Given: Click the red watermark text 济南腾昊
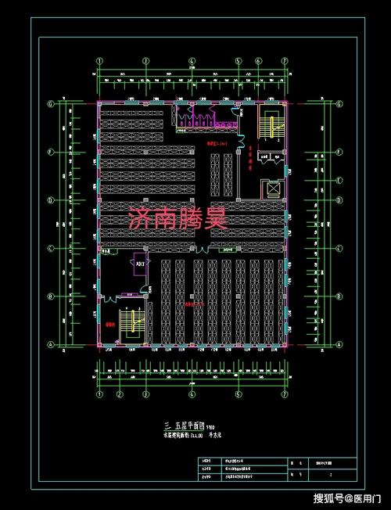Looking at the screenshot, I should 178,218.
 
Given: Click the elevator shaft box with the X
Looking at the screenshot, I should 273,189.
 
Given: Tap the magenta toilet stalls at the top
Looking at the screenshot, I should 195,118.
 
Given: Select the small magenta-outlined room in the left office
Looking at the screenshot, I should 140,264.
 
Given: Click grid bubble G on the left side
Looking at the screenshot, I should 52,103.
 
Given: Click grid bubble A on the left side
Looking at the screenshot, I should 52,345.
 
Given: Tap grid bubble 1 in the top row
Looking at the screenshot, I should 99,60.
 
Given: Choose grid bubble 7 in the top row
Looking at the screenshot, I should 286,60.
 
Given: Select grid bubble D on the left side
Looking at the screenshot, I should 52,200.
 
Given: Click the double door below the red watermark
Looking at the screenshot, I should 196,248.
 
